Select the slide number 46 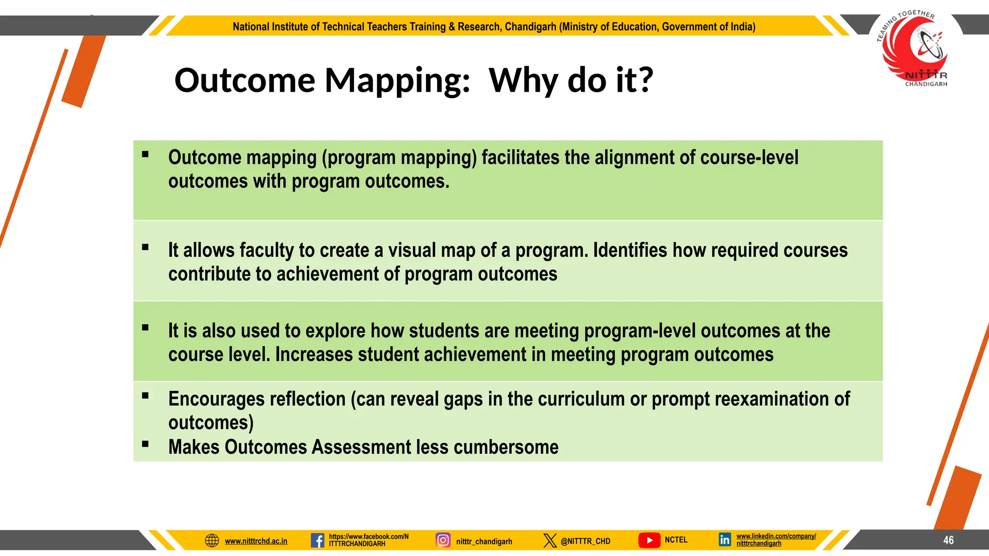pos(948,540)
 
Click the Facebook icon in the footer pos(317,540)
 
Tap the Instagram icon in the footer pos(443,540)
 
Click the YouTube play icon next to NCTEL pos(650,540)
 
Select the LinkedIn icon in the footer pos(725,540)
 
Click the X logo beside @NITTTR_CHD pos(550,540)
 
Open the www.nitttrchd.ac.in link pos(256,541)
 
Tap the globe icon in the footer pos(212,541)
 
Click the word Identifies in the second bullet pos(630,250)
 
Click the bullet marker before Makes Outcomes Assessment pos(145,444)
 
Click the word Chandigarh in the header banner pos(530,27)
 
